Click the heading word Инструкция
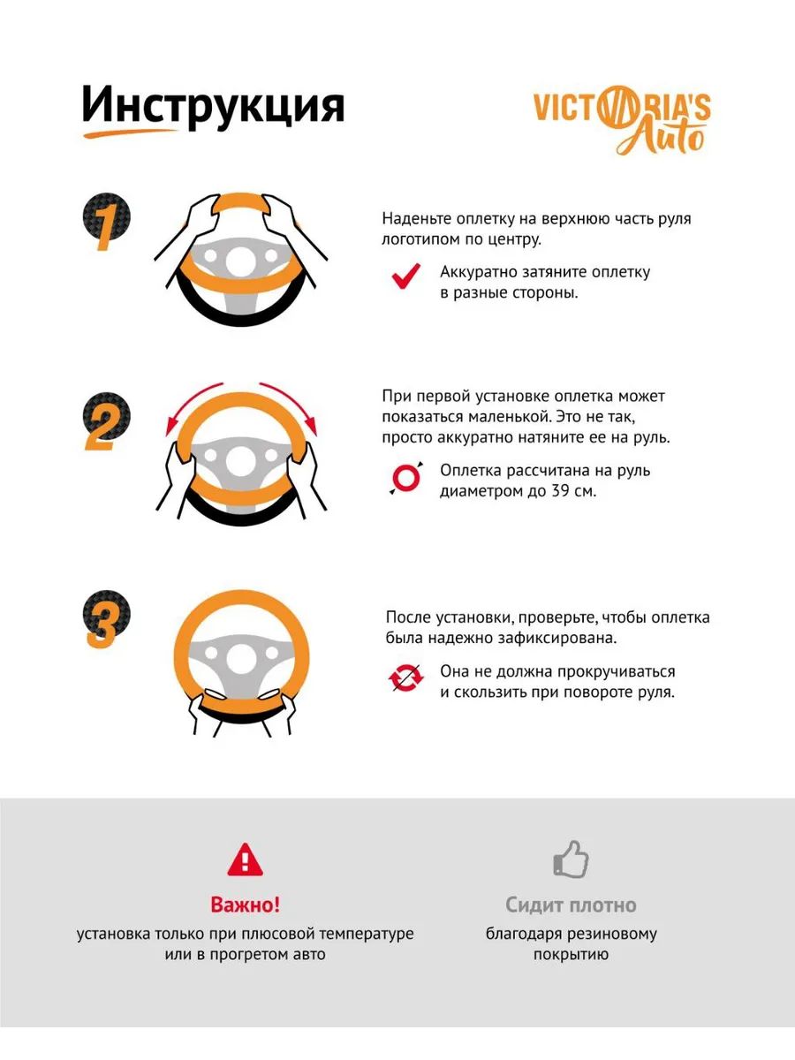(x=213, y=106)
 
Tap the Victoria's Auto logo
(x=622, y=120)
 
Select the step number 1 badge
(x=106, y=222)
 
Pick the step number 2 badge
(x=106, y=421)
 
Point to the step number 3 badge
(x=106, y=619)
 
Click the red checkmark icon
(x=406, y=276)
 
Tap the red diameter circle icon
(x=406, y=478)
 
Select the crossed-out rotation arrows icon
(x=406, y=678)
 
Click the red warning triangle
(x=246, y=860)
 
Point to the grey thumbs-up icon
(x=571, y=859)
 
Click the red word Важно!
(x=246, y=905)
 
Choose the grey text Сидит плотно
(x=571, y=905)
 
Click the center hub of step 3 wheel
(x=241, y=660)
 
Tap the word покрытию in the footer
(x=571, y=954)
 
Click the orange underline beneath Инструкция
(x=132, y=133)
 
